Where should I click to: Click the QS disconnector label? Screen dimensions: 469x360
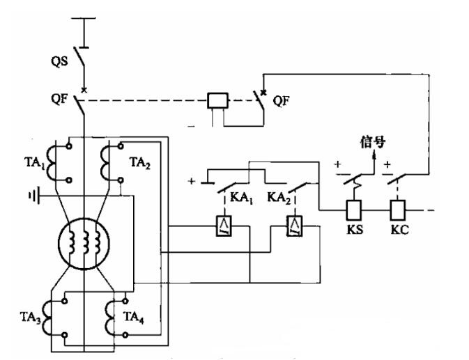(x=59, y=61)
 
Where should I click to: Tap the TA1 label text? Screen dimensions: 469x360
(x=35, y=163)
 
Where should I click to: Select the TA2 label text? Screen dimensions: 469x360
(x=140, y=163)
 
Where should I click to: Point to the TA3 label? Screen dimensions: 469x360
(x=31, y=318)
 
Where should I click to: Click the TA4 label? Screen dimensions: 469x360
(x=134, y=318)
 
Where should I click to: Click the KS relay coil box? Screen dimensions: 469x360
(x=354, y=210)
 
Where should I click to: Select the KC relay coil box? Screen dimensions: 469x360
(x=397, y=210)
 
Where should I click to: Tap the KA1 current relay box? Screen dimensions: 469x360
(x=224, y=226)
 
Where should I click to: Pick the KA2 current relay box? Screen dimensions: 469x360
(x=295, y=226)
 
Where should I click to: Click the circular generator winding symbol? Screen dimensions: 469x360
(x=84, y=244)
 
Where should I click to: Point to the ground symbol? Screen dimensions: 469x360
(x=34, y=196)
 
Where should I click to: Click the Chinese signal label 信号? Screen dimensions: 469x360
(x=373, y=142)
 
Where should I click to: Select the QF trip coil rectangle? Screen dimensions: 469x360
(x=218, y=101)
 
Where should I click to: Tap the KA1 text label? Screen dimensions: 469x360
(x=242, y=198)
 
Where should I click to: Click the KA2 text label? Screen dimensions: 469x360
(x=279, y=198)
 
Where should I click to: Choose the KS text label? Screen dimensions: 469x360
(x=355, y=230)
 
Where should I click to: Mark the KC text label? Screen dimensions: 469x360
(x=399, y=230)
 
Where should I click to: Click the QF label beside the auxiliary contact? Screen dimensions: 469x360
(x=281, y=101)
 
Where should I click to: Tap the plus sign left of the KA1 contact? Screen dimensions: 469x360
(x=192, y=181)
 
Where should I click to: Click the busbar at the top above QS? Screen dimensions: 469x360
(x=84, y=18)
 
